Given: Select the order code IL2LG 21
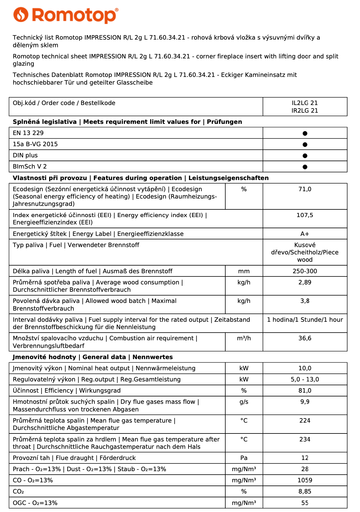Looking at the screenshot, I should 305,103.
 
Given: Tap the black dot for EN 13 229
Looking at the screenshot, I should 305,133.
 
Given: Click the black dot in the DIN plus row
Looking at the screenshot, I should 305,156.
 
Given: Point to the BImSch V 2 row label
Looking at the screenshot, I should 30,166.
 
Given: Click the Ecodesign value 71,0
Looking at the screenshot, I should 305,189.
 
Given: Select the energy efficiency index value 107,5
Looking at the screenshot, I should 305,215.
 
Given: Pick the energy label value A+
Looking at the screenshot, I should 305,234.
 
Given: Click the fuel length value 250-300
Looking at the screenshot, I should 305,271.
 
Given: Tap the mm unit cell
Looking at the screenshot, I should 244,271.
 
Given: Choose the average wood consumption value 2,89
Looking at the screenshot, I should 305,282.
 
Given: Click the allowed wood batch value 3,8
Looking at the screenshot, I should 305,301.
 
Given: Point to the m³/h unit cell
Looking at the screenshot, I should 244,338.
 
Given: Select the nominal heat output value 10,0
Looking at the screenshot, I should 305,368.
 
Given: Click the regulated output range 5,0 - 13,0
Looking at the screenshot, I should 305,380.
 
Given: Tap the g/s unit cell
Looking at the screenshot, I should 244,402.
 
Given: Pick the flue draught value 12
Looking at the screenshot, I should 305,458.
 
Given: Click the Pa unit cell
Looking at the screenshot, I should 244,458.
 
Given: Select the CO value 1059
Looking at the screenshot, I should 305,480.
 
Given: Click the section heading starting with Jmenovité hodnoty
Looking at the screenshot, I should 93,357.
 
